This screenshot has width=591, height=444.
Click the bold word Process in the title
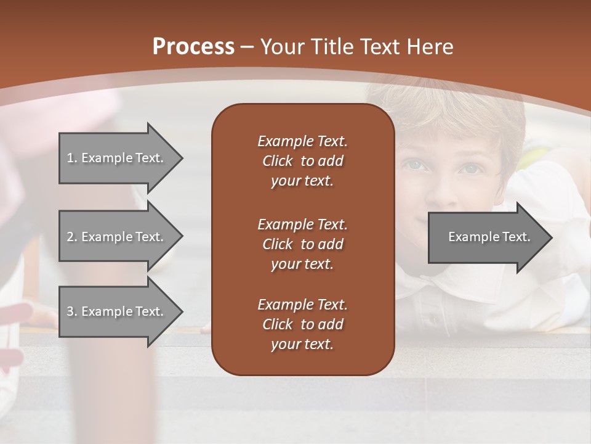pos(193,47)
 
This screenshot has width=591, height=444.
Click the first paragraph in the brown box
pos(302,161)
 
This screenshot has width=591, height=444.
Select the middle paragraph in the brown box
pos(302,244)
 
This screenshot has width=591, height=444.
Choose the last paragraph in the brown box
pos(302,324)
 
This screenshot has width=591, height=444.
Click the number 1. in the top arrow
pos(72,158)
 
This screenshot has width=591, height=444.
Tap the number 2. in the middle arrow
pos(72,237)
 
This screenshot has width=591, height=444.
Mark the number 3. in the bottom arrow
pos(72,311)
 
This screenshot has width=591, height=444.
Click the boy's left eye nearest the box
pos(414,165)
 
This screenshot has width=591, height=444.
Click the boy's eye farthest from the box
pos(471,167)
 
